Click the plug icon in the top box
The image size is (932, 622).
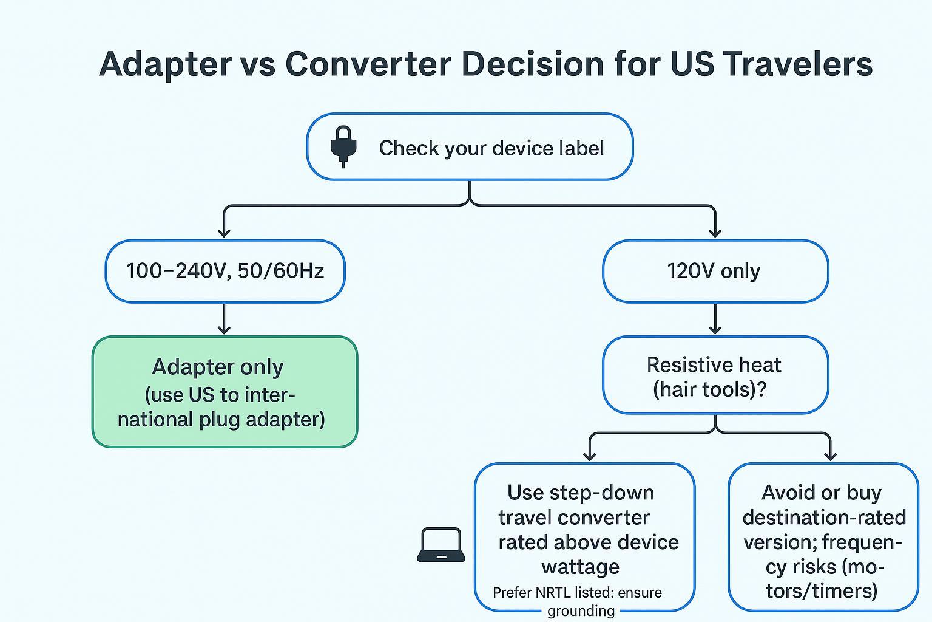(343, 146)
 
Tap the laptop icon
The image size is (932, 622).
(441, 545)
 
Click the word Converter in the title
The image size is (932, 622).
(368, 64)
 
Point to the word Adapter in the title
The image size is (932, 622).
(164, 64)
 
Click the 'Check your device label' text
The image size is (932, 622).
(491, 148)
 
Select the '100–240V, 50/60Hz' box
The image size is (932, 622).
(225, 271)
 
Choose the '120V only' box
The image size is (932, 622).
(715, 271)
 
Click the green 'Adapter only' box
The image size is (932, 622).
(225, 392)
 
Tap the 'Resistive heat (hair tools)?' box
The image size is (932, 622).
(715, 375)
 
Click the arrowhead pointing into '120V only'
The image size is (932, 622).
(715, 232)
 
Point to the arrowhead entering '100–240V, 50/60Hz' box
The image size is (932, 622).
(225, 232)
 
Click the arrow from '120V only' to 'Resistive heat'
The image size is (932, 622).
(715, 320)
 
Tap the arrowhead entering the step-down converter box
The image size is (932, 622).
(589, 456)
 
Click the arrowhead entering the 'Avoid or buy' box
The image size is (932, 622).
(830, 456)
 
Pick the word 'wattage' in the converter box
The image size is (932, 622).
(581, 567)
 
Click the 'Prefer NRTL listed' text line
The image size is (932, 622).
(577, 593)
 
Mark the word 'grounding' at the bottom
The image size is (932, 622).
(581, 611)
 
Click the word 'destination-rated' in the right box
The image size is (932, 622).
(824, 518)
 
